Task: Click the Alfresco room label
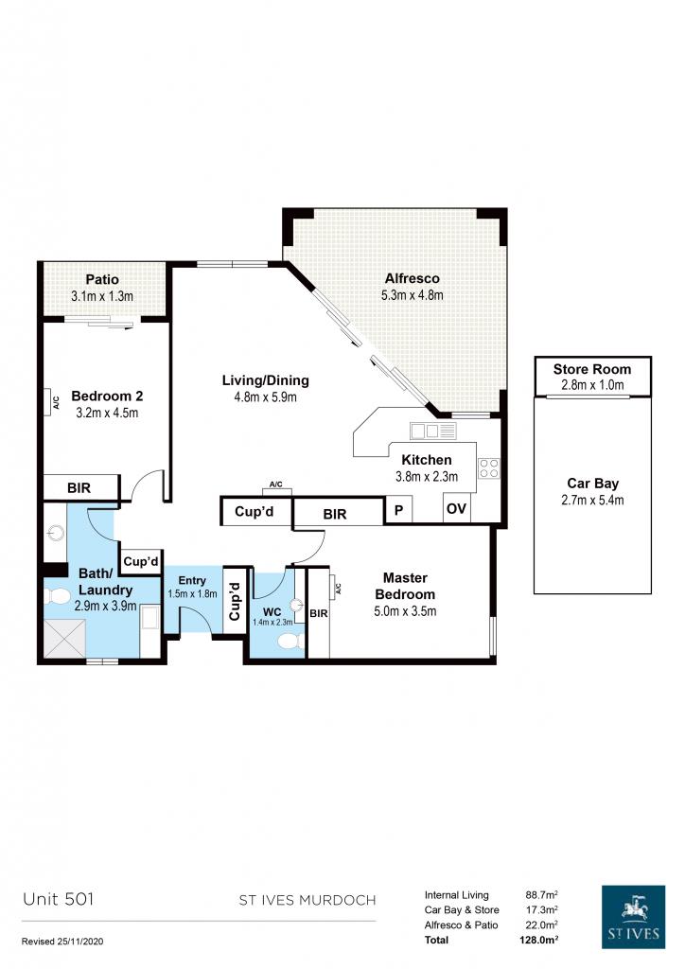tap(412, 279)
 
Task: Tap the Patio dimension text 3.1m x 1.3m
tap(102, 296)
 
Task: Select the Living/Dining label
tap(266, 380)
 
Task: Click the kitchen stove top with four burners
tap(488, 467)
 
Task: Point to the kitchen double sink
tap(432, 431)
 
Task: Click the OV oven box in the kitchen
tap(456, 508)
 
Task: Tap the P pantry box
tap(399, 510)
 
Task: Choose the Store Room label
tap(591, 370)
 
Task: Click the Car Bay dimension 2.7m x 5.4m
tap(592, 501)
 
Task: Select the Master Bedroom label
tap(405, 586)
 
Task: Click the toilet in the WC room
tap(290, 641)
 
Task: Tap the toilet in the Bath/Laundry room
tap(57, 596)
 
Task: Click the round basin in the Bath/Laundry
tap(56, 532)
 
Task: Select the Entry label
tap(192, 580)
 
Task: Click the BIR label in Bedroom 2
tap(79, 488)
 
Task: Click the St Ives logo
tap(633, 916)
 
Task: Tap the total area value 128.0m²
tap(539, 940)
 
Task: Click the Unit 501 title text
tap(58, 899)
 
